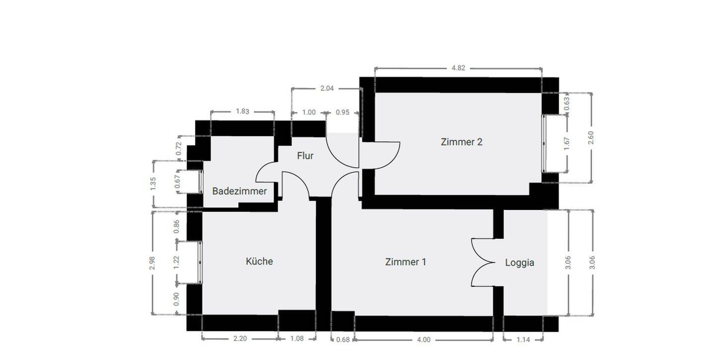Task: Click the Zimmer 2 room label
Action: (x=461, y=142)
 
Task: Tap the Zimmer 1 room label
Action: (x=405, y=262)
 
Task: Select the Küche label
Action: (x=259, y=261)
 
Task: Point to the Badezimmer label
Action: (x=239, y=191)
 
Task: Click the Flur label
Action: (x=305, y=156)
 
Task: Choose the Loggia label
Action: (x=519, y=263)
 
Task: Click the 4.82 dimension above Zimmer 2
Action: (x=458, y=68)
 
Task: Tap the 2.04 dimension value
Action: (x=327, y=88)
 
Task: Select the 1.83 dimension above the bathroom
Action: (x=242, y=111)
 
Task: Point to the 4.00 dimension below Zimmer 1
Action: (x=424, y=340)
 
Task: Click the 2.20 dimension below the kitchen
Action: (x=239, y=339)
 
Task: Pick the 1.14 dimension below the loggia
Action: (x=523, y=340)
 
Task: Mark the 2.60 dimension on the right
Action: (x=591, y=138)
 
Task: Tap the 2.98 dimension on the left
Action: (x=152, y=263)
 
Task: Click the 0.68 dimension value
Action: (x=343, y=340)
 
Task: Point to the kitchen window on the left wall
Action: (x=201, y=262)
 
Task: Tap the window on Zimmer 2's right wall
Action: (x=544, y=144)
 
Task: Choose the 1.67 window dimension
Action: (x=567, y=144)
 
